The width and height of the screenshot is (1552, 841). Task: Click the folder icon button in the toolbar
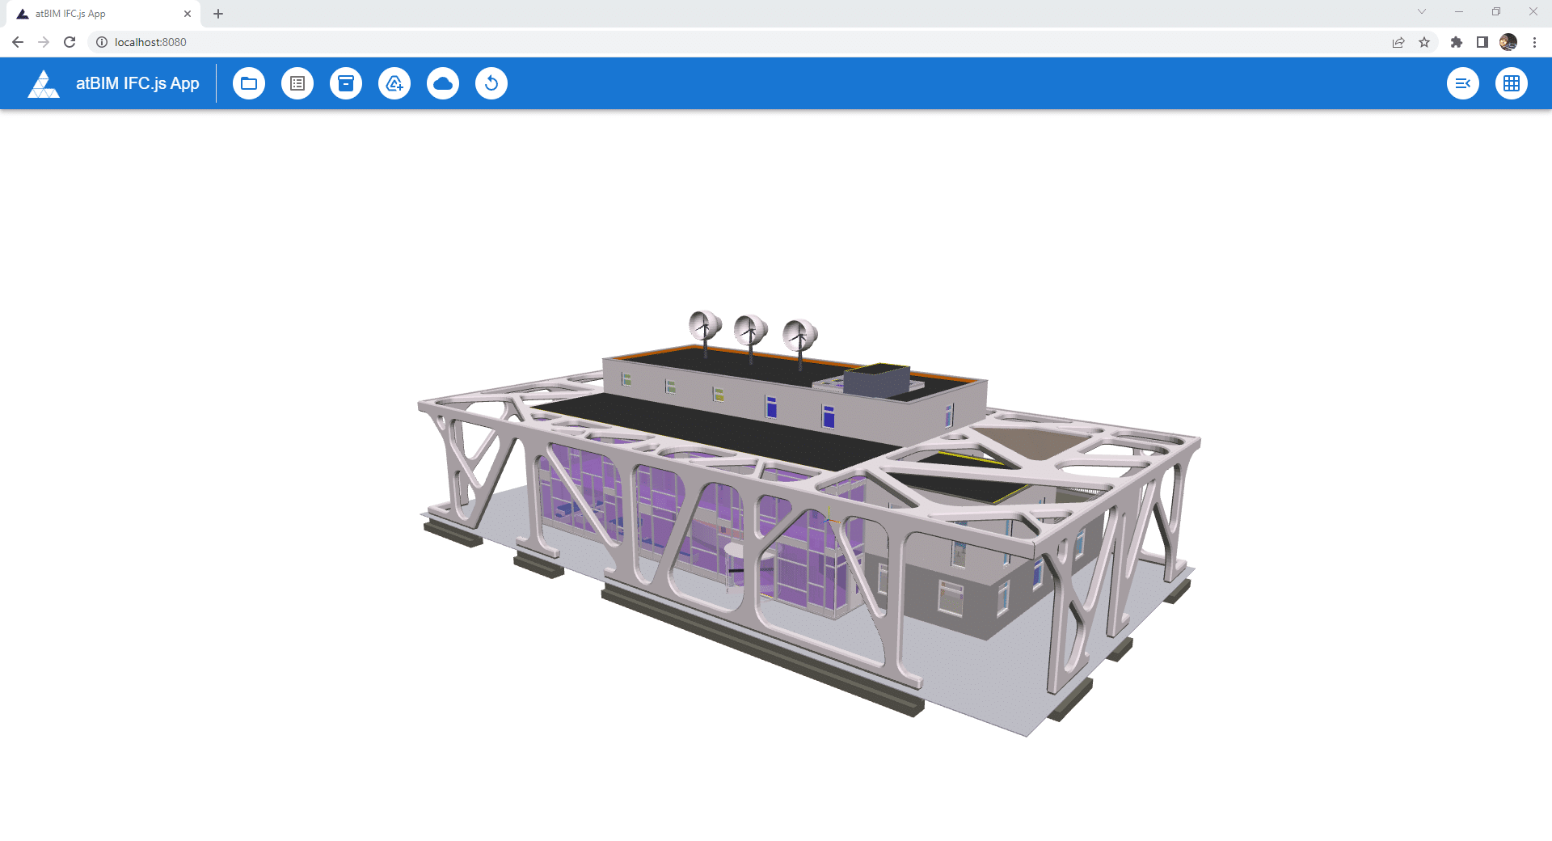[249, 83]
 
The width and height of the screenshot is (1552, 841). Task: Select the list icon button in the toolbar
[297, 83]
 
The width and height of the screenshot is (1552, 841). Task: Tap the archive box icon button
[346, 83]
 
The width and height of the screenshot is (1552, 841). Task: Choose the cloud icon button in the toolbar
[443, 83]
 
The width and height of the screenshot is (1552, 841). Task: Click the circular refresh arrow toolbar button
[491, 83]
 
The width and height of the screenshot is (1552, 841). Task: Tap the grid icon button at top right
[1512, 83]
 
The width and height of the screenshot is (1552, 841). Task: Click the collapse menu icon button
[1463, 83]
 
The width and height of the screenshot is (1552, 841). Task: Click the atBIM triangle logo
[44, 83]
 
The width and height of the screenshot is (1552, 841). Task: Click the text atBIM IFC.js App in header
[137, 83]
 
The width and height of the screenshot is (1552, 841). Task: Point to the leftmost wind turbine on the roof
[705, 327]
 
